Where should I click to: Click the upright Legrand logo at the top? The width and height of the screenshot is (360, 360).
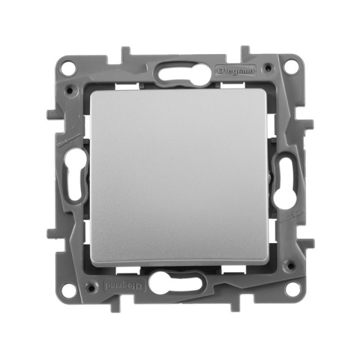(236, 70)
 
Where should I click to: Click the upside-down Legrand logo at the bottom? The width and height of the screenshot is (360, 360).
(123, 286)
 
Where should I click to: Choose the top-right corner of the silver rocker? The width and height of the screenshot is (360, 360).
(265, 92)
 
